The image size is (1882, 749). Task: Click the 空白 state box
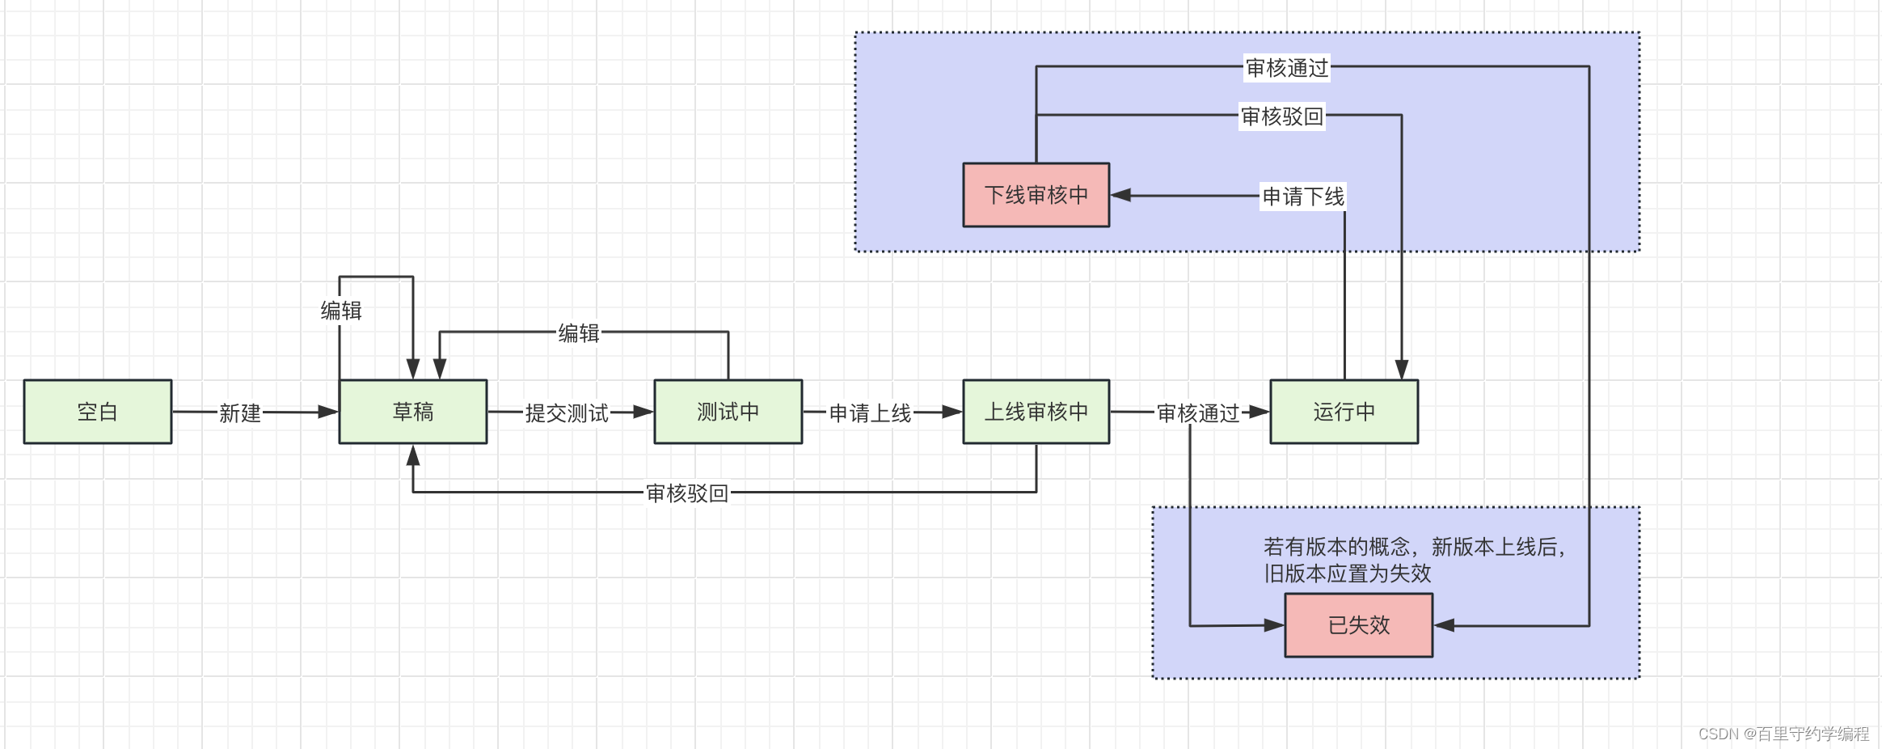(98, 412)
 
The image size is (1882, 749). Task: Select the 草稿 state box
(413, 412)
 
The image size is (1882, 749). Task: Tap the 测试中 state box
(728, 412)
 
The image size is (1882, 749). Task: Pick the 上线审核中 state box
(1036, 412)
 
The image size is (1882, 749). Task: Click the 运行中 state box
(1344, 412)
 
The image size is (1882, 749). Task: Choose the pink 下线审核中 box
(1036, 195)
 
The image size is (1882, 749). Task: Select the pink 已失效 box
(1358, 625)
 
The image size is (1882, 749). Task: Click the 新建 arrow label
(240, 413)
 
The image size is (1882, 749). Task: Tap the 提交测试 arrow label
(567, 413)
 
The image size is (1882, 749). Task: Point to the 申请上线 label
(870, 413)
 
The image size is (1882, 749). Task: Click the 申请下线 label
(1303, 197)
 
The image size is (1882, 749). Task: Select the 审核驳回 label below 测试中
(687, 493)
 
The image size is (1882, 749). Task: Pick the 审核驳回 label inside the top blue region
(1282, 116)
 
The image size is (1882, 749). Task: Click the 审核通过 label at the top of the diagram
(1287, 68)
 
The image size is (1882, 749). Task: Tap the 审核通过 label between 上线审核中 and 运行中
(1198, 413)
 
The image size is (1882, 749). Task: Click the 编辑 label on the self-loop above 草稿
(341, 311)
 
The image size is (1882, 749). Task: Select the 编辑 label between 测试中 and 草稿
(579, 333)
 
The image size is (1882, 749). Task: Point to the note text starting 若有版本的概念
(1415, 560)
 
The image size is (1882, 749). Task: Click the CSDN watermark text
(1783, 734)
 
